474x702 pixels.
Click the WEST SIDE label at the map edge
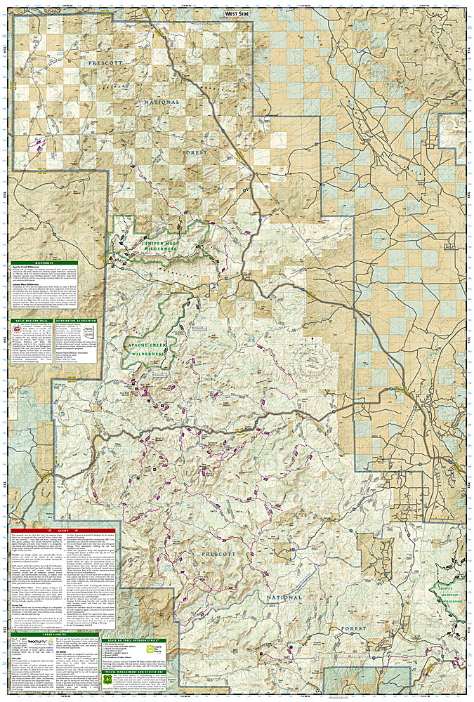tap(237, 13)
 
